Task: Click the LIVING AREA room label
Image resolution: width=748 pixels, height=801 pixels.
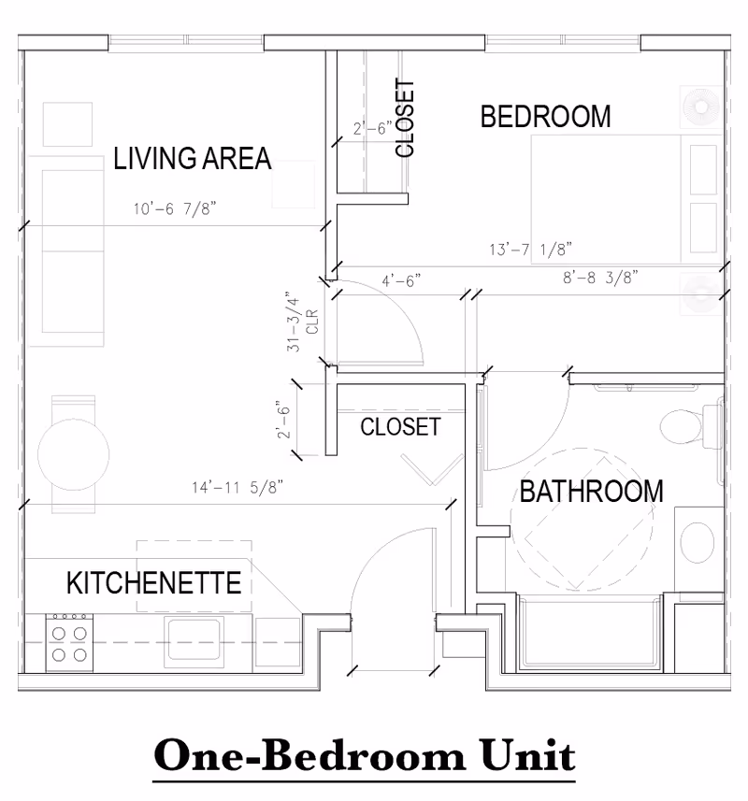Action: click(192, 158)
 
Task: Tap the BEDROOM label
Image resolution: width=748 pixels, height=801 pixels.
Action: click(545, 117)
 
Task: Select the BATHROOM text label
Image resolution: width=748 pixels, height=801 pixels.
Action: click(591, 491)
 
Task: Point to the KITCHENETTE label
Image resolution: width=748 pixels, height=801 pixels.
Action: click(153, 583)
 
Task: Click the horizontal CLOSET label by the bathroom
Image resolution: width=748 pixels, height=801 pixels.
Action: click(400, 427)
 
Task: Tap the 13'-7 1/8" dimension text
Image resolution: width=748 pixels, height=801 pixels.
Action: click(530, 250)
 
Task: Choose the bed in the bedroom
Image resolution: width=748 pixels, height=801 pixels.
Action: click(625, 199)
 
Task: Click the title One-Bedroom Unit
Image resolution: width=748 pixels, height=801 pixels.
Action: click(365, 755)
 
